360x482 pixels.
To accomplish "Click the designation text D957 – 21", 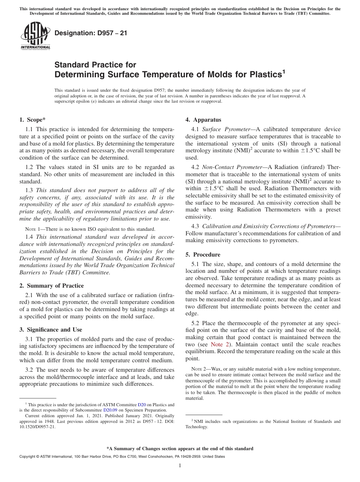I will (x=91, y=33).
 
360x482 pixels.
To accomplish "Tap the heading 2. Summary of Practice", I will (x=52, y=285).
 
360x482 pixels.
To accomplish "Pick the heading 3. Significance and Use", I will (x=51, y=330).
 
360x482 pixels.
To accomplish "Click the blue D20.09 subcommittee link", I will (x=110, y=410).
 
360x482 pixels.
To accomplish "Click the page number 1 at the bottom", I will (x=180, y=466).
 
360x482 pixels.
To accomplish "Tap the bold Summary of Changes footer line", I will (x=180, y=448).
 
